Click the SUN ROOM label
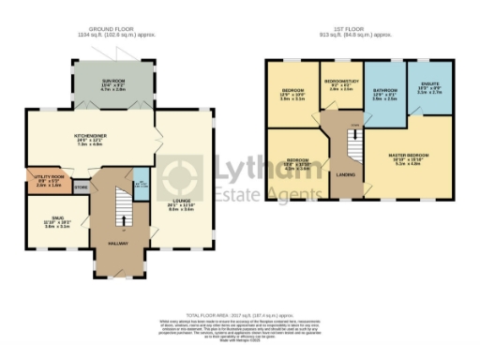[112, 82]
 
